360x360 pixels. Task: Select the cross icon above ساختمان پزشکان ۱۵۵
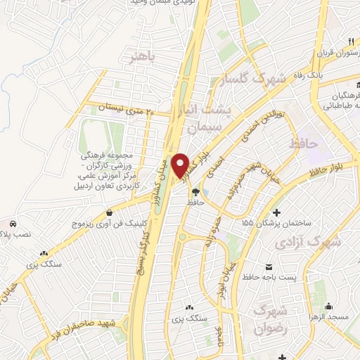click(276, 212)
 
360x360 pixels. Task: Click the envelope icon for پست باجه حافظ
click(269, 266)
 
